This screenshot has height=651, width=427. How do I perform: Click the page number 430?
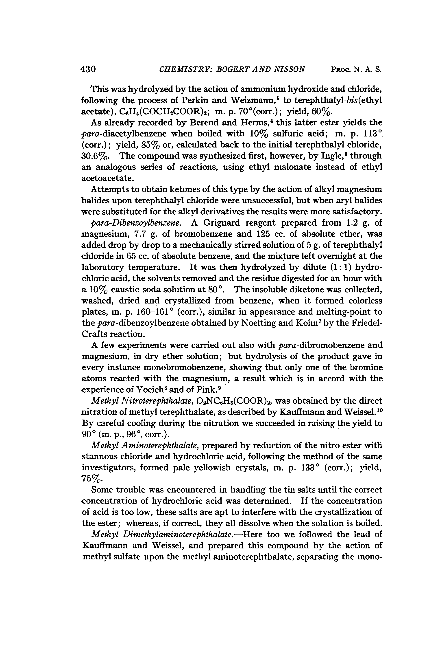[x=88, y=69]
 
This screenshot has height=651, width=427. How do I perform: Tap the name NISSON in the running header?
[x=289, y=69]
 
